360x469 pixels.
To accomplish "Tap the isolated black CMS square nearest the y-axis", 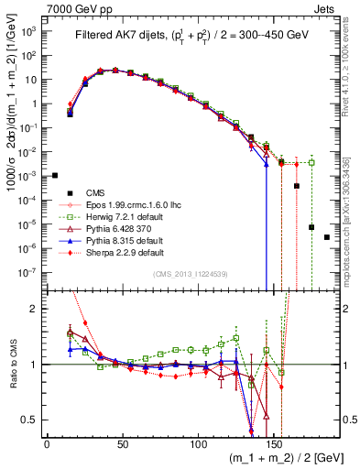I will (55, 175).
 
